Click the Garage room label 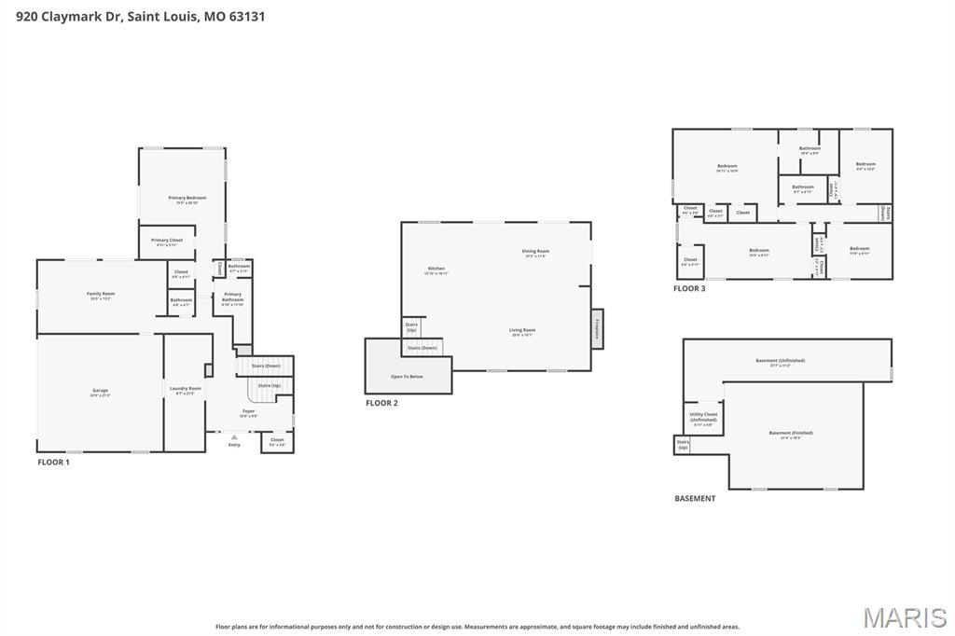pos(100,392)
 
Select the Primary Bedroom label pos(187,199)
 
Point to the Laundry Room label pos(185,389)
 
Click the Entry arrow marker pos(234,436)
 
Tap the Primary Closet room pos(167,242)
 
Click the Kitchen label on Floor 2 pos(436,270)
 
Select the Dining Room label pos(536,252)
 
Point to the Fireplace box pos(597,329)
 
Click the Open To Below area pos(407,377)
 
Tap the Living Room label pos(522,331)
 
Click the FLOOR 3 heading pos(689,289)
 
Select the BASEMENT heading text pos(695,499)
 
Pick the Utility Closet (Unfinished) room pos(703,418)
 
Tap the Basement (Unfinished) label pos(780,362)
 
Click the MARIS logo pos(905,617)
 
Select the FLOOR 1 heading pos(53,463)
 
